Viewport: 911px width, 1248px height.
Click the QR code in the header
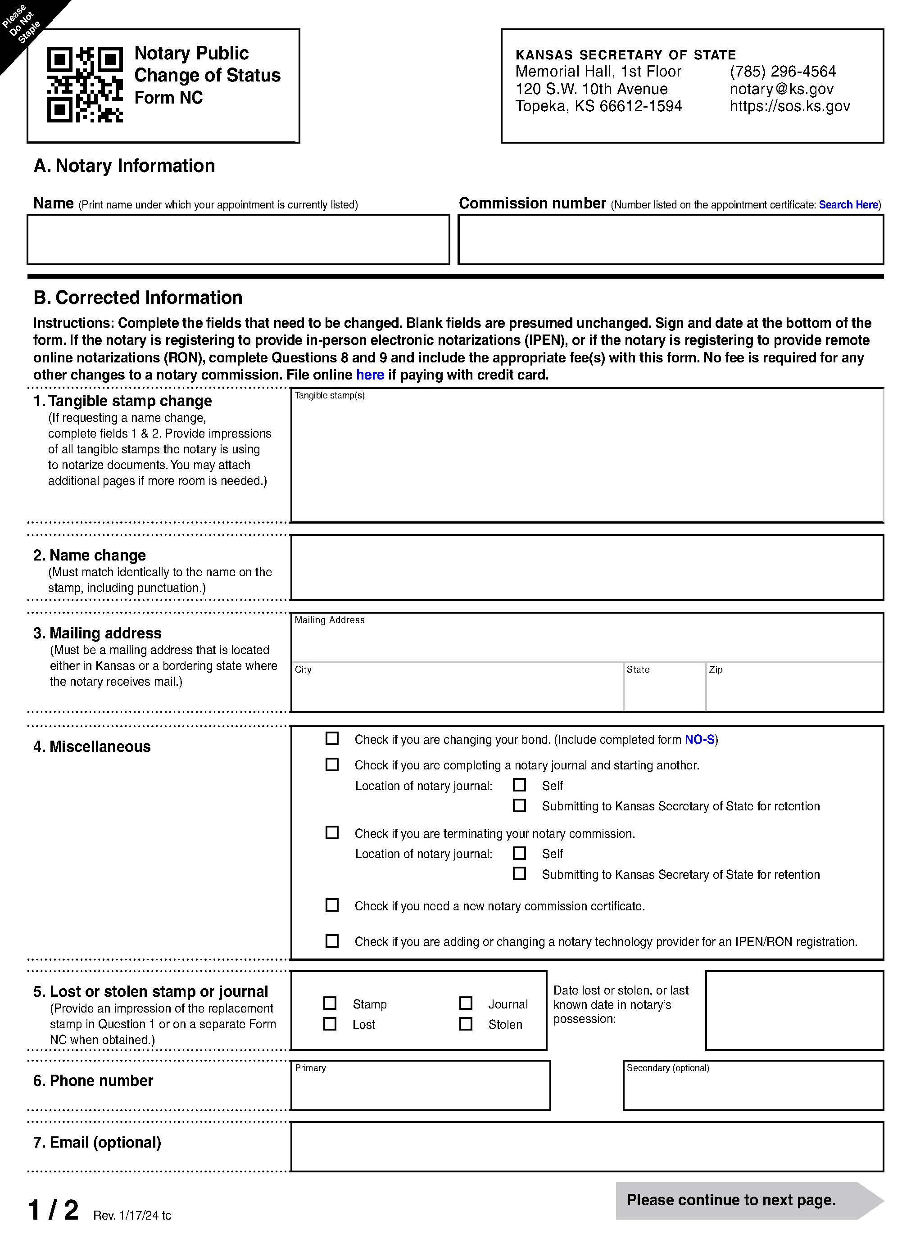85,84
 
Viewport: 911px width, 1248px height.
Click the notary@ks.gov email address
781,89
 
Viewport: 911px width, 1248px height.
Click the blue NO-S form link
699,740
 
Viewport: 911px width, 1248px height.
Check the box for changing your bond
332,739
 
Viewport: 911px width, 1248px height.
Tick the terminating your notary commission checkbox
332,832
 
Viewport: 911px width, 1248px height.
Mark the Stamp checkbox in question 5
330,1003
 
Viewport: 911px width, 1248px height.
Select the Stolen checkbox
466,1024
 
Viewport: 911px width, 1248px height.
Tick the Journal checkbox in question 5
466,1003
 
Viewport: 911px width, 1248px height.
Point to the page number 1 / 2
54,1211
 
